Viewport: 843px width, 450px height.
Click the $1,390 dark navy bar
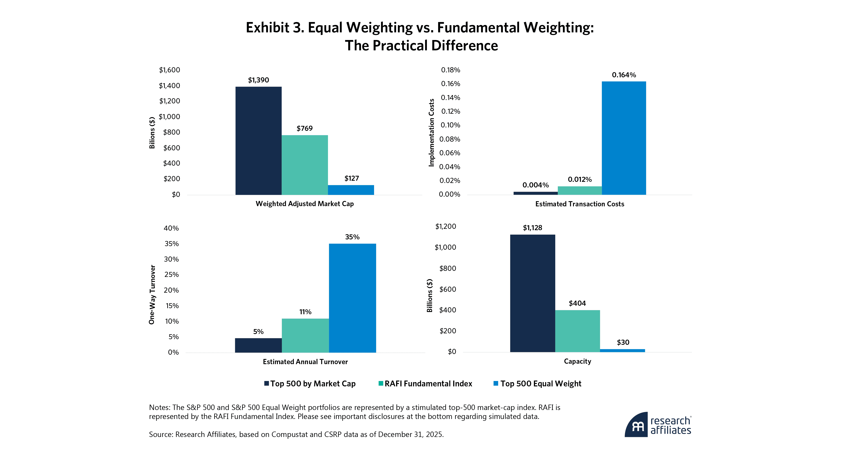tap(258, 141)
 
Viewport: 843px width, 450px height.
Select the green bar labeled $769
tap(304, 165)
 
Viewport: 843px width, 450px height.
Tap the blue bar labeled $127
tap(351, 190)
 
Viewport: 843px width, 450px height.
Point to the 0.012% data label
tap(580, 179)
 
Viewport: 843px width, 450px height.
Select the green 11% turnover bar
tap(305, 335)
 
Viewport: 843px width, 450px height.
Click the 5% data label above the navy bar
tap(258, 332)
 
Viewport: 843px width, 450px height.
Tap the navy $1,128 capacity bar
tap(532, 293)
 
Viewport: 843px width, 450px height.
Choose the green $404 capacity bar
tap(577, 331)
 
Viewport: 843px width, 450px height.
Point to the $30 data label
tap(623, 342)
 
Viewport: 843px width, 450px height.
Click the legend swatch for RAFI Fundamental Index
tap(381, 383)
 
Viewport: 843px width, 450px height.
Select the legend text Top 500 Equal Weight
tap(541, 383)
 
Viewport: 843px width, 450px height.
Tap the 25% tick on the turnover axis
tap(172, 275)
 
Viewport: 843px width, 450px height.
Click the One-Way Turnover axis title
tap(152, 294)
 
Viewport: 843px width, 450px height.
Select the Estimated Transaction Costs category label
tap(580, 204)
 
